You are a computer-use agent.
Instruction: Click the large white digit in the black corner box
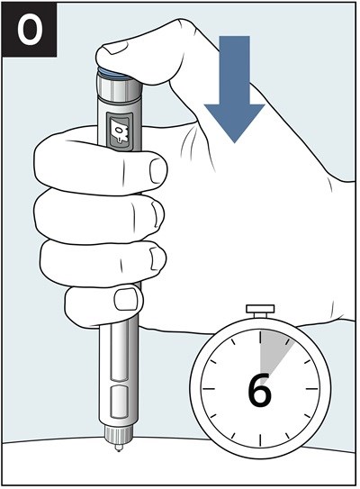30,31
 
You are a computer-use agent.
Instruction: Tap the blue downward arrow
234,89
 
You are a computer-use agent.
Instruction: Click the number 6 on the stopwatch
259,390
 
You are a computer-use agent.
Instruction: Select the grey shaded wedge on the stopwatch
274,352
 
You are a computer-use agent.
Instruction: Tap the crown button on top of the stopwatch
260,311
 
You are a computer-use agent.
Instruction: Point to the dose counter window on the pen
120,132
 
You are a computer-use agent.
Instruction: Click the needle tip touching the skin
118,449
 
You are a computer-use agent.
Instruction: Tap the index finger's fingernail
157,170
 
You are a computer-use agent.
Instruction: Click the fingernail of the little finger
126,299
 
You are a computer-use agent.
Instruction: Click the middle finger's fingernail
157,213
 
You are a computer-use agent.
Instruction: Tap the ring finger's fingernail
157,258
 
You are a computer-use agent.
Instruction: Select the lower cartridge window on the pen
119,402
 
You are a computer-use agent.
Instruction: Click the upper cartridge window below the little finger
119,352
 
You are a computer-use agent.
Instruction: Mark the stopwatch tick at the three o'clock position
312,389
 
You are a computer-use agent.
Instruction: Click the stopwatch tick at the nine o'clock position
209,389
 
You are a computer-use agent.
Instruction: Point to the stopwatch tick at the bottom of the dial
260,440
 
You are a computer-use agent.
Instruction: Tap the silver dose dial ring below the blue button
120,86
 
